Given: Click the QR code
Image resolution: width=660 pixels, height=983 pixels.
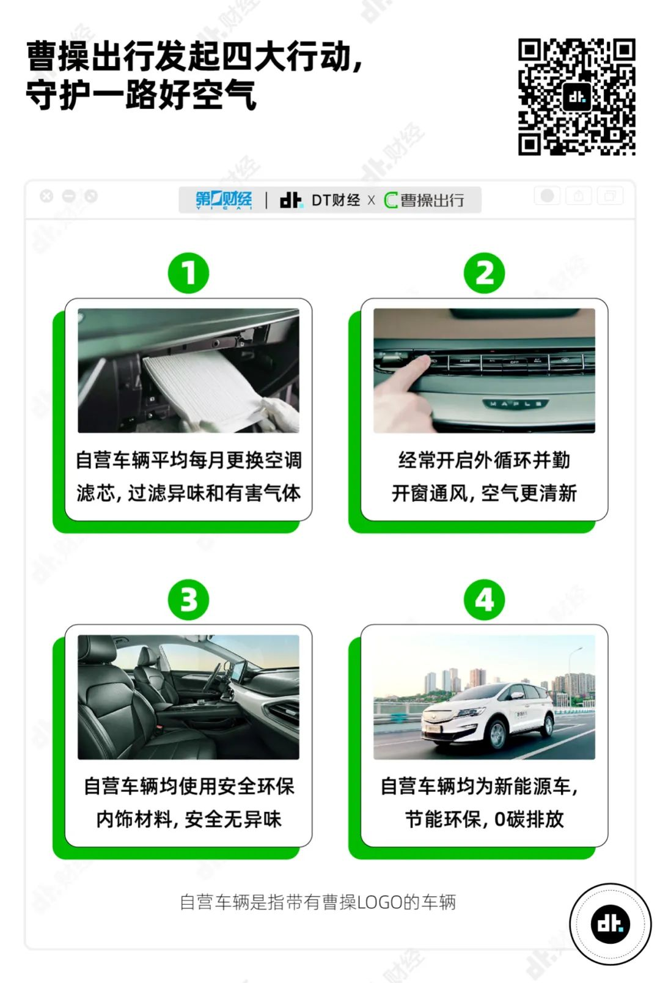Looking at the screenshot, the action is (x=577, y=97).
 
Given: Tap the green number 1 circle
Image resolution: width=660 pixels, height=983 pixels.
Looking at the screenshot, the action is (x=189, y=273).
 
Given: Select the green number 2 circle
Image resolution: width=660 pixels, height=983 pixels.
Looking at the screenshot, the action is (x=485, y=273).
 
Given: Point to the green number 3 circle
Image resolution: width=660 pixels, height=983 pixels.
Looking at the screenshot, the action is (x=189, y=600).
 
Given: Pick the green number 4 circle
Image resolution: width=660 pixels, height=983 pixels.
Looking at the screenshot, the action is (x=485, y=600).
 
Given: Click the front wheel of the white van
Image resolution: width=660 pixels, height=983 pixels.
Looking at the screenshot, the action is (x=497, y=733).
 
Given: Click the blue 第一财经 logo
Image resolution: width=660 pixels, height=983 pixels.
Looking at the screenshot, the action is (x=224, y=200).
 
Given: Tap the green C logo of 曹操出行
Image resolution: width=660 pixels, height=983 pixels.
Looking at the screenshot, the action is (x=391, y=201).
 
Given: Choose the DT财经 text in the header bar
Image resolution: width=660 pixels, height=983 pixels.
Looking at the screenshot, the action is (x=335, y=201).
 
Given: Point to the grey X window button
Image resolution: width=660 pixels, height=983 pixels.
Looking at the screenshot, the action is (x=46, y=196).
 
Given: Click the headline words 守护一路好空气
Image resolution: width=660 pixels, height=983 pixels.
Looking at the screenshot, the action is (x=141, y=95).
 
